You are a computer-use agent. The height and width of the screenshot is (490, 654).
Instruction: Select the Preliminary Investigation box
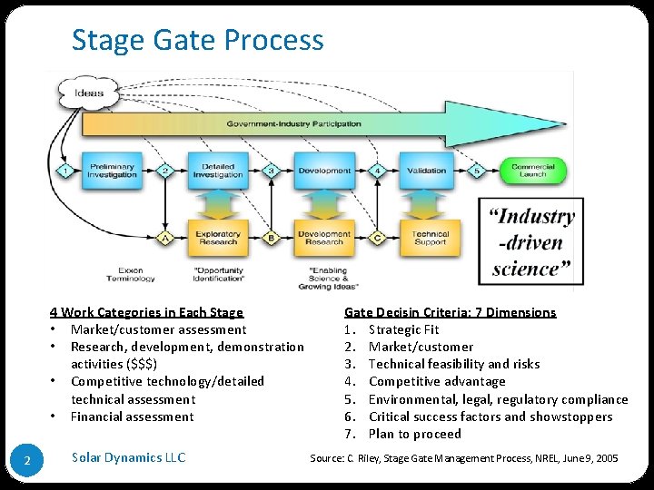click(111, 171)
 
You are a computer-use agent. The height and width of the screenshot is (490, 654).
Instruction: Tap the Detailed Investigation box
click(217, 171)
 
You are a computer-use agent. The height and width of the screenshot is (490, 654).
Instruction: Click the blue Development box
click(323, 171)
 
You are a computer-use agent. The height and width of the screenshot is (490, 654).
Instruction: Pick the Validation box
click(426, 171)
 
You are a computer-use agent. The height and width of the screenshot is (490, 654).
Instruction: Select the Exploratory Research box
click(217, 239)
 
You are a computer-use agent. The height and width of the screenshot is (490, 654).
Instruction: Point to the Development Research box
click(323, 239)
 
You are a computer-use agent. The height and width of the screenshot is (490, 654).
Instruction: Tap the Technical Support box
click(430, 239)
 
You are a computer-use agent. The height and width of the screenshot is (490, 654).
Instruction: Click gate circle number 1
click(65, 171)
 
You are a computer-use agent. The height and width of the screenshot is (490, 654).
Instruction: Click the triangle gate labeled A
click(164, 239)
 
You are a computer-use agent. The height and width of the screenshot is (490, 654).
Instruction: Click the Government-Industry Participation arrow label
click(293, 123)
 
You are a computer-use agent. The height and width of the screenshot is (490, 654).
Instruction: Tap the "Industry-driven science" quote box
click(531, 242)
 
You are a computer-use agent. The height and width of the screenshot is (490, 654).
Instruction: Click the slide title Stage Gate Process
click(197, 40)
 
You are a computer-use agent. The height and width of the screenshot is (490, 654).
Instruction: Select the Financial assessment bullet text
click(132, 416)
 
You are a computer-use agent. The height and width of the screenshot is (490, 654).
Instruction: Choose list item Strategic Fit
click(403, 329)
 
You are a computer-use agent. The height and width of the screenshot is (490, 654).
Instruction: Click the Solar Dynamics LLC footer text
click(128, 457)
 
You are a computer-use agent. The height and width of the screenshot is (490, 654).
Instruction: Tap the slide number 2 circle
click(27, 462)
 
